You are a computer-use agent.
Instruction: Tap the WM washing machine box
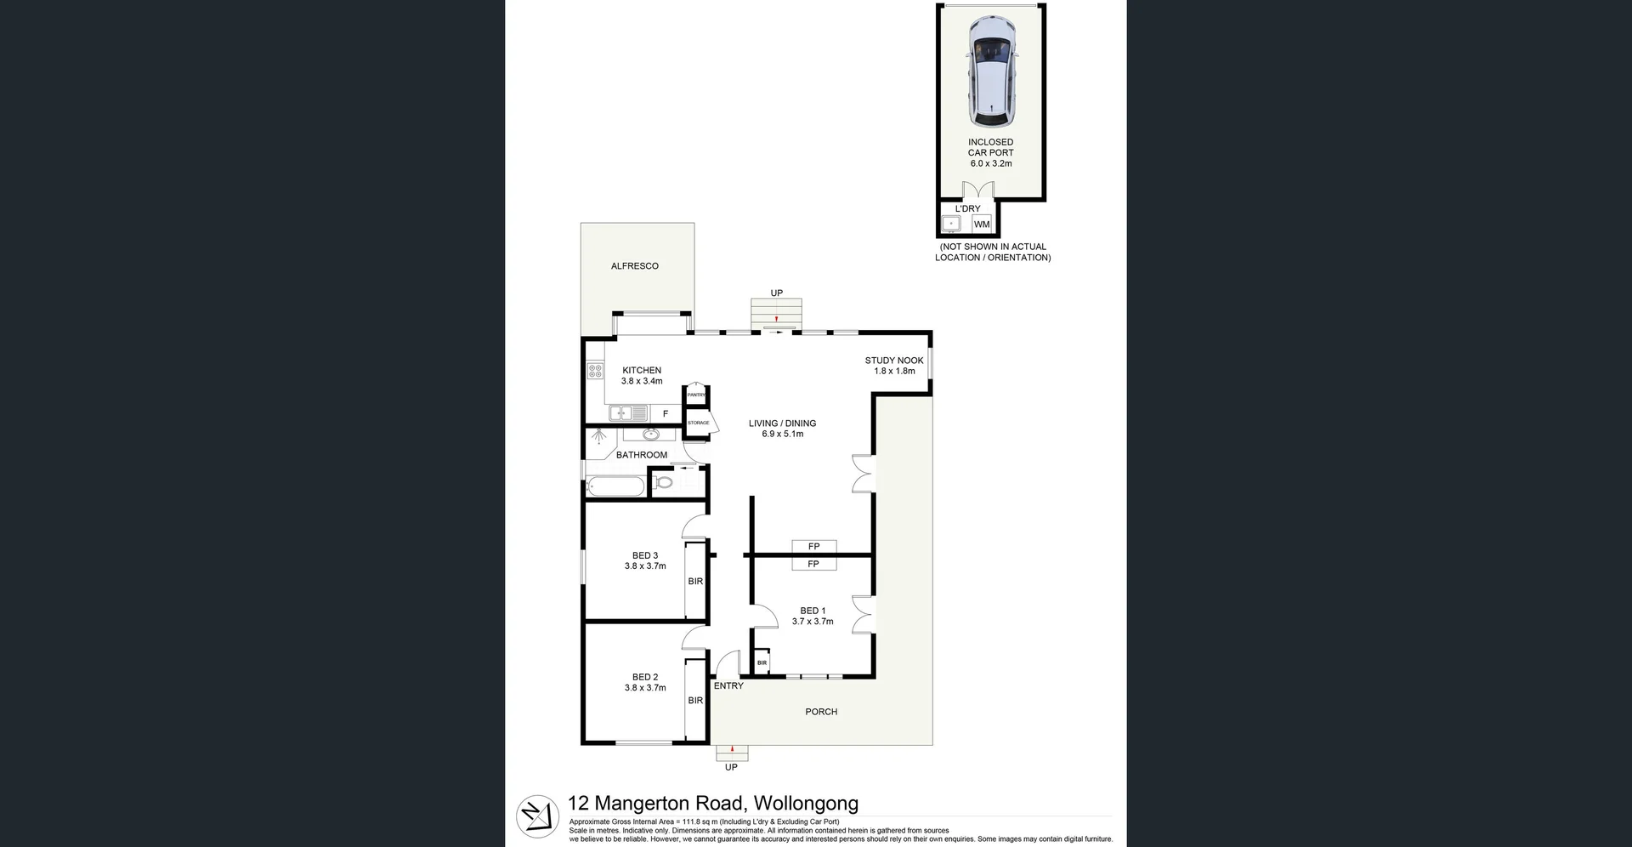pos(982,225)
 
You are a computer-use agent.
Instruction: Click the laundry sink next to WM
pos(951,225)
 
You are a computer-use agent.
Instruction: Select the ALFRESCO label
pos(635,266)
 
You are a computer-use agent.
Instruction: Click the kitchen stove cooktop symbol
pos(595,371)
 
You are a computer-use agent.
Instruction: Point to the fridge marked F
pos(666,414)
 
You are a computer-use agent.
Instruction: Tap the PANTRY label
pos(696,395)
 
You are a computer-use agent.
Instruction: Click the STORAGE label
pos(698,423)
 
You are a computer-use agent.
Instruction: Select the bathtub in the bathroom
pos(615,486)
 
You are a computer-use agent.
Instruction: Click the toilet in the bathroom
pos(665,483)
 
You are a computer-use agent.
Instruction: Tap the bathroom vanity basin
pos(650,435)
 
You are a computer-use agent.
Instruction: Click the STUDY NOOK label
pos(894,361)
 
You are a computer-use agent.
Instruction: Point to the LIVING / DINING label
pos(782,423)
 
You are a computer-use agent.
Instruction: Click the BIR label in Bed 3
pos(695,582)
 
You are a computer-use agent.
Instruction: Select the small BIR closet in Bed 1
pos(762,662)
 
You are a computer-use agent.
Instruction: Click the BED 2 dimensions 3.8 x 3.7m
pos(645,688)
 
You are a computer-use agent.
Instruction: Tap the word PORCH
pos(821,712)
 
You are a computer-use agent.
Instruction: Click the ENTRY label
pos(728,685)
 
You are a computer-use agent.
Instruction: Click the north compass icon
pos(538,816)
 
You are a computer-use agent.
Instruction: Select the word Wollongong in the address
pos(806,804)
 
